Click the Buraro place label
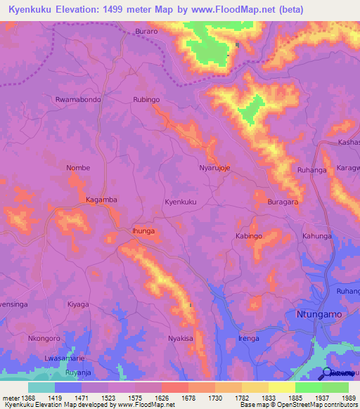tap(147, 32)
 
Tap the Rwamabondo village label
tap(78, 100)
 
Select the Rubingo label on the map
tap(146, 100)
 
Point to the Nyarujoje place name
tap(215, 169)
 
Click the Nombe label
tap(78, 168)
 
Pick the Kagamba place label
tap(101, 200)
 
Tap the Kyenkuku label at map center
tap(180, 202)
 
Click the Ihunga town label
tap(143, 231)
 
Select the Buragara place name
tap(283, 202)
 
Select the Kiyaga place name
tap(78, 304)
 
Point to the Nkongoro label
tap(44, 338)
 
